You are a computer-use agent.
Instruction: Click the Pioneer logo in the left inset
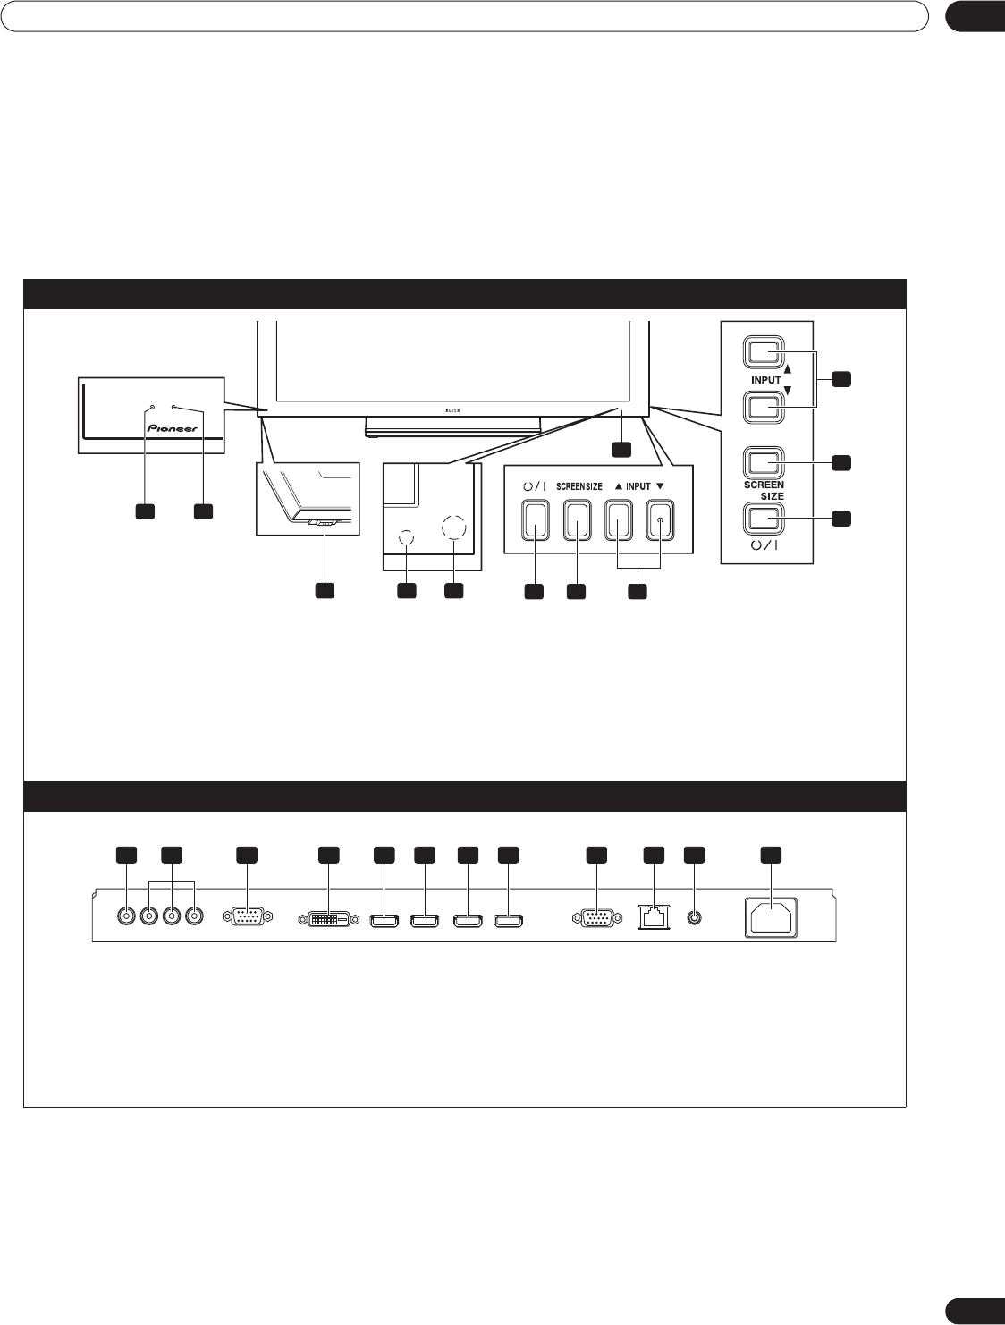click(172, 427)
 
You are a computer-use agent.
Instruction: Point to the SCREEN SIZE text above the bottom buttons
click(579, 486)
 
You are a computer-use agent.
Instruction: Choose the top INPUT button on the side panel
click(763, 351)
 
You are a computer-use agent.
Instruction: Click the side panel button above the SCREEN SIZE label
click(763, 463)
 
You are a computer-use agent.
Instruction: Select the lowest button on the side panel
click(763, 519)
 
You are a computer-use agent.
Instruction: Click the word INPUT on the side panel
click(765, 380)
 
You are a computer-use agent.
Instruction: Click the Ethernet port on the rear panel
click(655, 917)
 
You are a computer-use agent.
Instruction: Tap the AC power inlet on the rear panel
click(771, 918)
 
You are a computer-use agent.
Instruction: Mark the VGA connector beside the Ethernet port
click(596, 917)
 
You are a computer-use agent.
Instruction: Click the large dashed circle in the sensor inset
click(453, 527)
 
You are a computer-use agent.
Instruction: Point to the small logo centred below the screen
click(452, 412)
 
